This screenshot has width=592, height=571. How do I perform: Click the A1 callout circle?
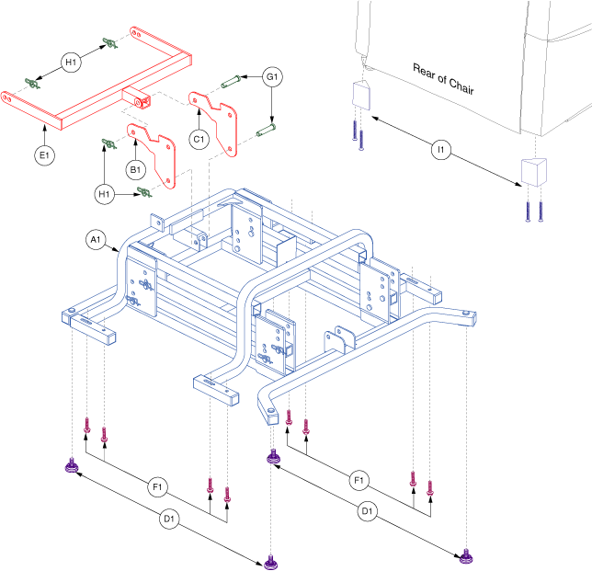coord(95,240)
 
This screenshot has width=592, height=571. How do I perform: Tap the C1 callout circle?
coord(197,138)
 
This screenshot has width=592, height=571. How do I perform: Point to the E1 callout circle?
coord(44,156)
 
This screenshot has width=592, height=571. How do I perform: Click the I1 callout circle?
coord(441,149)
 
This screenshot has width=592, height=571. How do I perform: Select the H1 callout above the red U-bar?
coord(71,62)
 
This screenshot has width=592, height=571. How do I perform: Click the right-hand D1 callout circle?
coord(367,510)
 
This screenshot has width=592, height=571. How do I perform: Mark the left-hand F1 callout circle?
coord(157,484)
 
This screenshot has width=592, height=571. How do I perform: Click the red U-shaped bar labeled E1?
coord(92,92)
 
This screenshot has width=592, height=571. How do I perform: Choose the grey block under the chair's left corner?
coord(359,95)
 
